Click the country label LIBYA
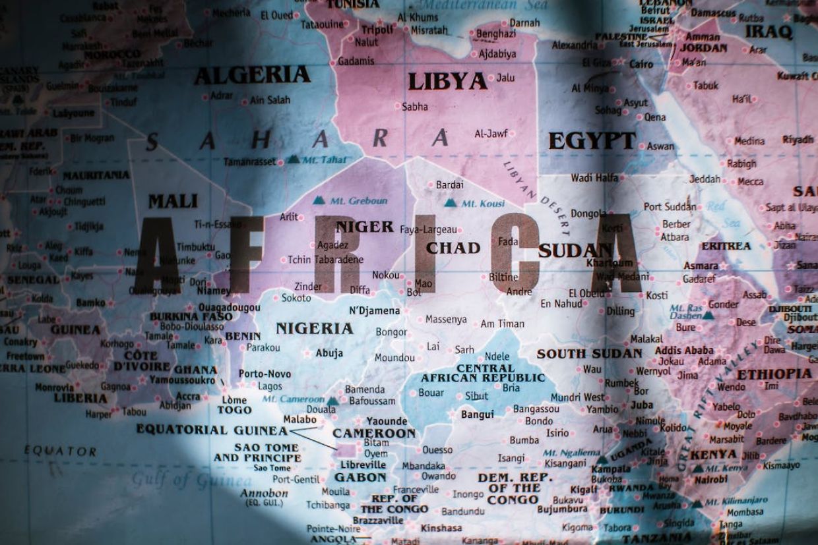pos(447,81)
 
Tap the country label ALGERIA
pos(252,75)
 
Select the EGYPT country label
pos(592,140)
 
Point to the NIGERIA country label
pos(314,328)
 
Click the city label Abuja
pos(329,353)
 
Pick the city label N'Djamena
pos(374,310)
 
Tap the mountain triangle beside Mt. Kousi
pos(451,203)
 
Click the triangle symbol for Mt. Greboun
pos(319,200)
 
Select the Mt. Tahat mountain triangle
pos(292,159)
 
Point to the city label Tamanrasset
pos(249,161)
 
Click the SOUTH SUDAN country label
pos(589,353)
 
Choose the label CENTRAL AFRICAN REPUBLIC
pos(483,373)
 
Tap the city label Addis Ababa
pos(684,350)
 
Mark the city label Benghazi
pos(496,34)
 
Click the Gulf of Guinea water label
pos(182,479)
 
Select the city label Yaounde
pos(387,421)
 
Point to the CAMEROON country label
pos(374,434)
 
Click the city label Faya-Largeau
pos(428,229)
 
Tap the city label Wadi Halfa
pos(594,178)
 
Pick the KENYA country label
pos(713,455)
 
